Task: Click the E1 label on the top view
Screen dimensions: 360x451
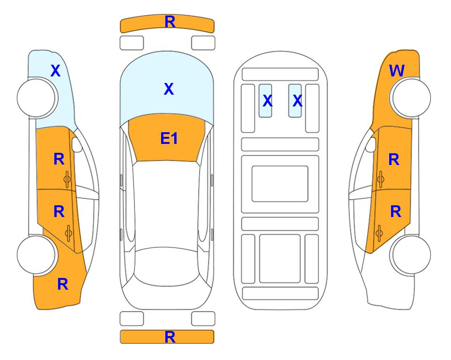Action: click(169, 138)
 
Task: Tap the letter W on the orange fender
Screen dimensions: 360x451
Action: click(397, 71)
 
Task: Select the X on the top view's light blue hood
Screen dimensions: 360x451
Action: click(169, 89)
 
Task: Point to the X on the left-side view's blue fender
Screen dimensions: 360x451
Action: click(55, 71)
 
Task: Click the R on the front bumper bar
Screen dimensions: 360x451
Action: click(170, 22)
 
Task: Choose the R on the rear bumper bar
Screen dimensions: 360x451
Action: click(170, 337)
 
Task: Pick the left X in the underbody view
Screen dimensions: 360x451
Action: click(267, 100)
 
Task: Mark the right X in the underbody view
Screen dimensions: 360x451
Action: click(297, 100)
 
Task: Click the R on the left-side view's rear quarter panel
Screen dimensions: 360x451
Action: click(63, 284)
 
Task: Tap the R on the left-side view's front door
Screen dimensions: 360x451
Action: click(59, 159)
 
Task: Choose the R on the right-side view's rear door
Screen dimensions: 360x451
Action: click(395, 212)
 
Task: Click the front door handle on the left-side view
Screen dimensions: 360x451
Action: click(67, 178)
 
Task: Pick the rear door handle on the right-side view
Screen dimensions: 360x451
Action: click(380, 231)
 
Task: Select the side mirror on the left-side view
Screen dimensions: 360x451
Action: click(77, 145)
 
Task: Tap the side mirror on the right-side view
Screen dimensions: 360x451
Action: click(371, 145)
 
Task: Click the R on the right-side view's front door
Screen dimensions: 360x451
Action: click(394, 160)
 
